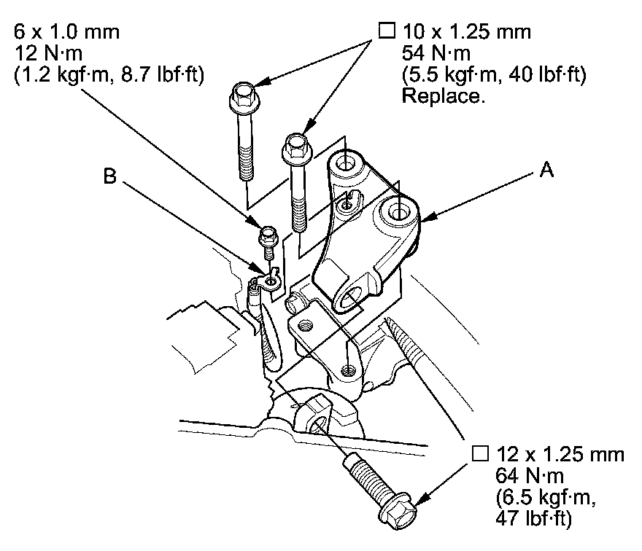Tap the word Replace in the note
click(x=443, y=96)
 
